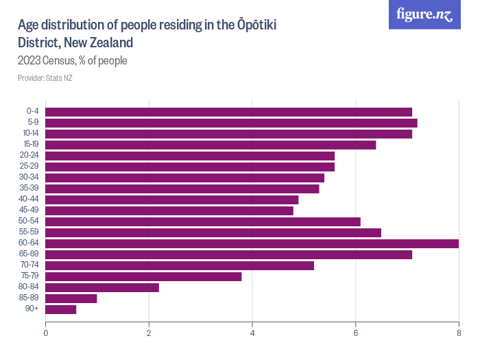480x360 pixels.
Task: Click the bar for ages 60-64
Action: click(x=252, y=243)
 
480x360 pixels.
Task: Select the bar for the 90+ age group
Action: click(x=60, y=309)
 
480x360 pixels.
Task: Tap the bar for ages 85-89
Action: click(x=71, y=298)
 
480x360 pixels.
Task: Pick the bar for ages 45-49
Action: click(x=169, y=211)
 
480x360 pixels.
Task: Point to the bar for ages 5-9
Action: click(x=231, y=123)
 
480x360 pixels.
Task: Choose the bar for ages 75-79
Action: click(x=143, y=276)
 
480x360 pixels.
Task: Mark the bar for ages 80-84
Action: click(x=101, y=287)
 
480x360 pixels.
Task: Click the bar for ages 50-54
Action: click(x=202, y=221)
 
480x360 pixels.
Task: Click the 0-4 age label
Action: click(x=32, y=112)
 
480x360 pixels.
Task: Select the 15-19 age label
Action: click(x=31, y=145)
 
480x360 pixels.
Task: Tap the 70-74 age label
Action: click(x=30, y=265)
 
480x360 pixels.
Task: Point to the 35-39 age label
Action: click(x=30, y=189)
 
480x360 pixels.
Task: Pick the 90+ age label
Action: click(x=33, y=309)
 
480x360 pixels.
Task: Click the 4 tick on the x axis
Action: click(x=252, y=333)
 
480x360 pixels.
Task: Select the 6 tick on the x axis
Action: click(x=356, y=333)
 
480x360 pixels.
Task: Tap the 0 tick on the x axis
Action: click(x=46, y=333)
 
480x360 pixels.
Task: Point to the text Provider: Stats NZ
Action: click(x=45, y=77)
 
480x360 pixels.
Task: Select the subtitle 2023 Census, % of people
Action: click(x=73, y=60)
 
